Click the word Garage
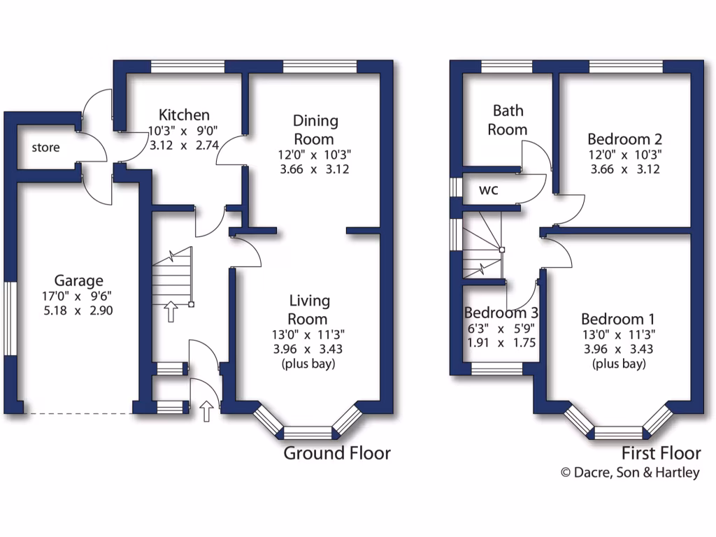coord(80,280)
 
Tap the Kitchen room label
coord(184,115)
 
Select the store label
coord(45,148)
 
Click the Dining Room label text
coord(315,129)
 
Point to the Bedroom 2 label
coord(625,138)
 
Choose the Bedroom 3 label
coord(500,312)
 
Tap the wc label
coord(488,190)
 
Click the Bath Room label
coord(508,120)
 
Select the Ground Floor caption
coord(336,453)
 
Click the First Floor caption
coord(661,453)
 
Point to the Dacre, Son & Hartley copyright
coord(630,473)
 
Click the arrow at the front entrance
coord(206,412)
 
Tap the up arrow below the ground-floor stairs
coord(170,311)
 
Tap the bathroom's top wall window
coord(507,66)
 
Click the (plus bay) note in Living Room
coord(309,364)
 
